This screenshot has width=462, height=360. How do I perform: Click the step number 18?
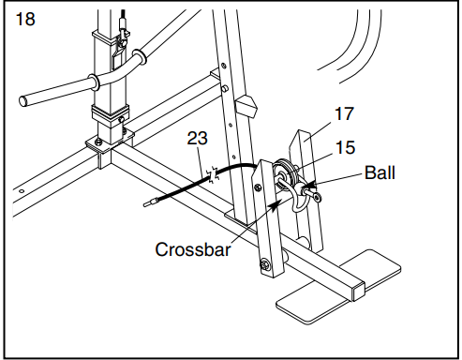click(x=26, y=19)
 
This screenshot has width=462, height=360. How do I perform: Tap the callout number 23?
click(x=197, y=138)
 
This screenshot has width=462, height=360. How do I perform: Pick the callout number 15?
click(x=347, y=147)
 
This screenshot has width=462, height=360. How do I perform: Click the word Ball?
click(x=380, y=172)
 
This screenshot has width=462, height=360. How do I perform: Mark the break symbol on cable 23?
click(x=214, y=174)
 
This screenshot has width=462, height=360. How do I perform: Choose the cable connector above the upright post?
click(x=122, y=16)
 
